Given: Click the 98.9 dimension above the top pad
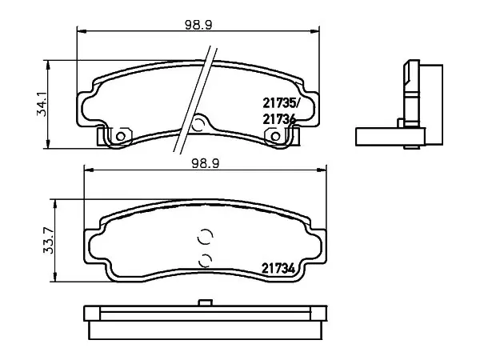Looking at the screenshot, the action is (x=198, y=25).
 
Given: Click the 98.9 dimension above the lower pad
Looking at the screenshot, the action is (x=206, y=164).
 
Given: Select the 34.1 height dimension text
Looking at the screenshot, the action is (x=42, y=104).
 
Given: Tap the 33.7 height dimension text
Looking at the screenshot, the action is (x=48, y=241).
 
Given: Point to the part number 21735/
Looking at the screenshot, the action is (x=280, y=103).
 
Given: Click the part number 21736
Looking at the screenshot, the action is (x=278, y=119).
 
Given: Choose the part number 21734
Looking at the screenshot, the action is (x=278, y=269).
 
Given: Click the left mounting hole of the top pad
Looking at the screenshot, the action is (x=121, y=136).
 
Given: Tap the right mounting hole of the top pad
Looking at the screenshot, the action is (x=275, y=136).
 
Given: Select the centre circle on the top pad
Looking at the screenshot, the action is (x=198, y=125).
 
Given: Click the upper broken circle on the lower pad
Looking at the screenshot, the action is (x=205, y=237).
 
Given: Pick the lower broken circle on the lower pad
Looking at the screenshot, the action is (x=205, y=260).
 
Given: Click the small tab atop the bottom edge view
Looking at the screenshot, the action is (x=206, y=302).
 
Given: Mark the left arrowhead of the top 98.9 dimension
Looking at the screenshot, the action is (x=82, y=31).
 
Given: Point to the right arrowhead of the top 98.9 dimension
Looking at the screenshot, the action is (x=314, y=31).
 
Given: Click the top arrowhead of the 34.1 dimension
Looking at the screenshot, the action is (x=48, y=65).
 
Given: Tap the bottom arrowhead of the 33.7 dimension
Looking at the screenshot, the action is (x=55, y=277).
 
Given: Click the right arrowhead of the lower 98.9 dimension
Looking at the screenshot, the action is (x=322, y=170).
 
